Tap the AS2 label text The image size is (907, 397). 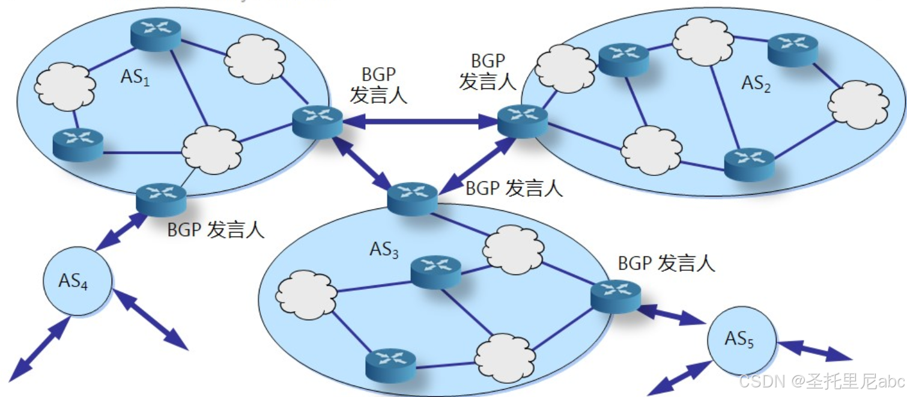click(x=756, y=84)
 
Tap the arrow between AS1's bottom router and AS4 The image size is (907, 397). click(x=122, y=229)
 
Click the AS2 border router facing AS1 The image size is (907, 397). click(x=522, y=121)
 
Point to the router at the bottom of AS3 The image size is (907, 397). click(x=390, y=364)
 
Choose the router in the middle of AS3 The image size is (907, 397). click(x=436, y=271)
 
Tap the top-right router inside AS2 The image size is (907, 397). click(x=793, y=49)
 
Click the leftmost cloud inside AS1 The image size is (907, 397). click(x=65, y=87)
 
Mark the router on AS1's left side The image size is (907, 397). click(x=77, y=142)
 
